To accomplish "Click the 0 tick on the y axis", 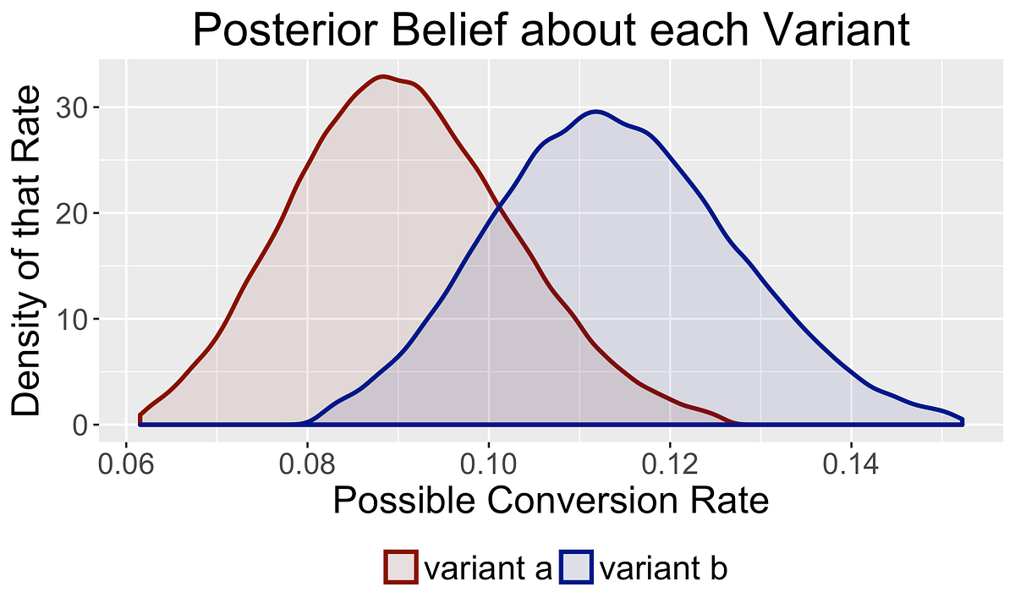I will pos(80,425).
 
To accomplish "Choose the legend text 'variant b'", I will pos(663,568).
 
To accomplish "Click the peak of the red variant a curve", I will pos(383,76).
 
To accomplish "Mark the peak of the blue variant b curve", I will pos(596,111).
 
